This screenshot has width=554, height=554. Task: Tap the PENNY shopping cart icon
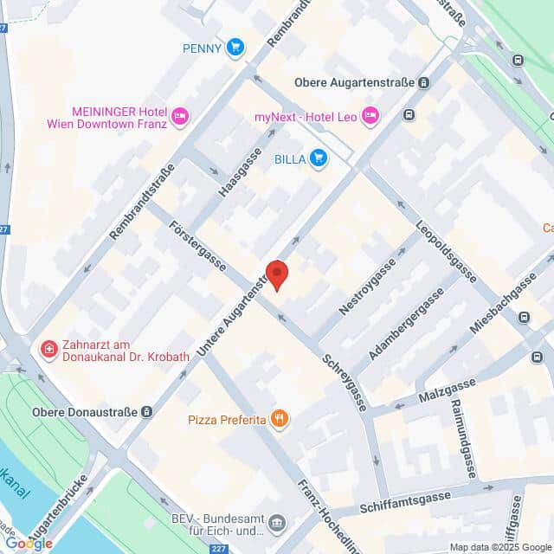[x=235, y=48]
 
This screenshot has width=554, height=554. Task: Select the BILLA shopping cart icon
[x=319, y=158]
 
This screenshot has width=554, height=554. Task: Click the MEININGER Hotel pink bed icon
[x=180, y=117]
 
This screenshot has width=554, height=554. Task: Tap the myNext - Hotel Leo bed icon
[x=370, y=115]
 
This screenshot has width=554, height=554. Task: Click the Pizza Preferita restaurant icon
[x=279, y=420]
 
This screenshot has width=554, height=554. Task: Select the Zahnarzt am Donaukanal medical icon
[x=48, y=349]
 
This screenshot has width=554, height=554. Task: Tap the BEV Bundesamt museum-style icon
[x=276, y=522]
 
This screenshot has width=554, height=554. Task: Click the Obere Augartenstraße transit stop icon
[x=424, y=83]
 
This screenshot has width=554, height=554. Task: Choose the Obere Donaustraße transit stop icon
[x=147, y=412]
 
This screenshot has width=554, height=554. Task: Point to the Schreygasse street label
[x=345, y=382]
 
